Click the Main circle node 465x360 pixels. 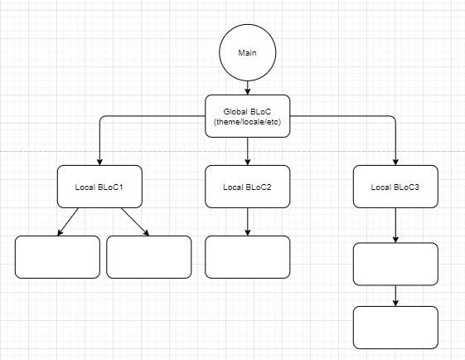coord(248,52)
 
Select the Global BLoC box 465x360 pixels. coord(248,116)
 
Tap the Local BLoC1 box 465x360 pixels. coord(99,187)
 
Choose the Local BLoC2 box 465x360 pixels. coord(248,187)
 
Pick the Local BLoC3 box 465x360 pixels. coord(395,187)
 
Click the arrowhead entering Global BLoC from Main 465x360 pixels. coord(248,91)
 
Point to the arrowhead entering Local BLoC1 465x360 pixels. coord(99,162)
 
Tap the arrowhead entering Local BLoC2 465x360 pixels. coord(248,162)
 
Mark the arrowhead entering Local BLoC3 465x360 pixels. coord(395,162)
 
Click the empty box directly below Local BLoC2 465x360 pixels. coord(248,257)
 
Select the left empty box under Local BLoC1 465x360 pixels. coord(57,257)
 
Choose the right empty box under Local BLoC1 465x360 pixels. coord(149,257)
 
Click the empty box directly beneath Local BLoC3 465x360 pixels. coord(395,264)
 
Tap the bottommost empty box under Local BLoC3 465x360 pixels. coord(395,328)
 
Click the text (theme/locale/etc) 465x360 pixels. coord(247,122)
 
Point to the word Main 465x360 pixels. coord(247,53)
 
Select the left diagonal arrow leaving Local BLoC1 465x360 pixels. coord(68,222)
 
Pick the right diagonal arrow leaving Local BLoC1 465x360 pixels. coord(135,222)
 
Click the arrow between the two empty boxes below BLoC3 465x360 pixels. coord(395,296)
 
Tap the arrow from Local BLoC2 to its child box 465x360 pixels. coord(248,221)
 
